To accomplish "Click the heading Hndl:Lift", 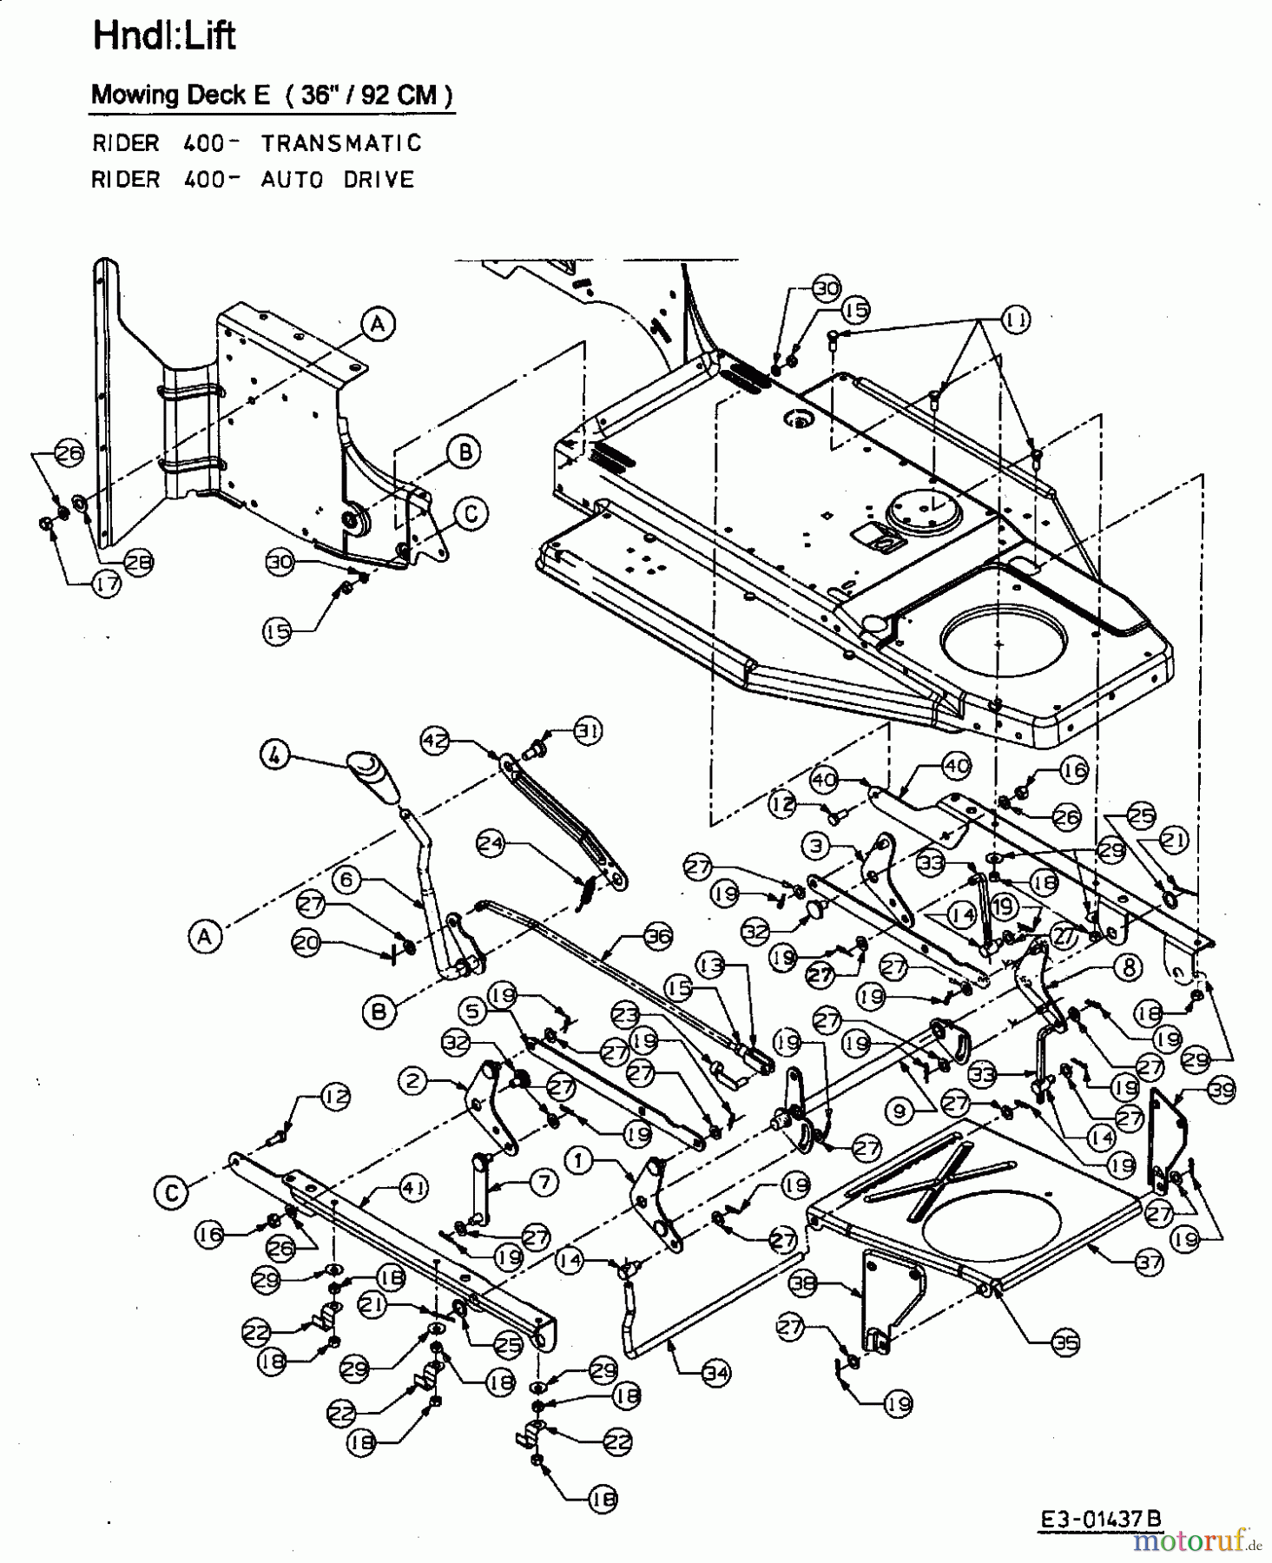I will pos(163,36).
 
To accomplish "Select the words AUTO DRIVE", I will pos(338,180).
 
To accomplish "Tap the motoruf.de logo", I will pos(1195,1541).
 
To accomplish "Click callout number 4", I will pos(274,755).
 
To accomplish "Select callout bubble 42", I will pos(434,741).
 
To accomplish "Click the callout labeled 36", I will pos(657,937).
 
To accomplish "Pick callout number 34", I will pos(715,1373).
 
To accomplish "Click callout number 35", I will pos(1065,1343).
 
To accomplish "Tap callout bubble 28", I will pos(136,562).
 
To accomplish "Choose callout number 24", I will pos(491,842).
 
